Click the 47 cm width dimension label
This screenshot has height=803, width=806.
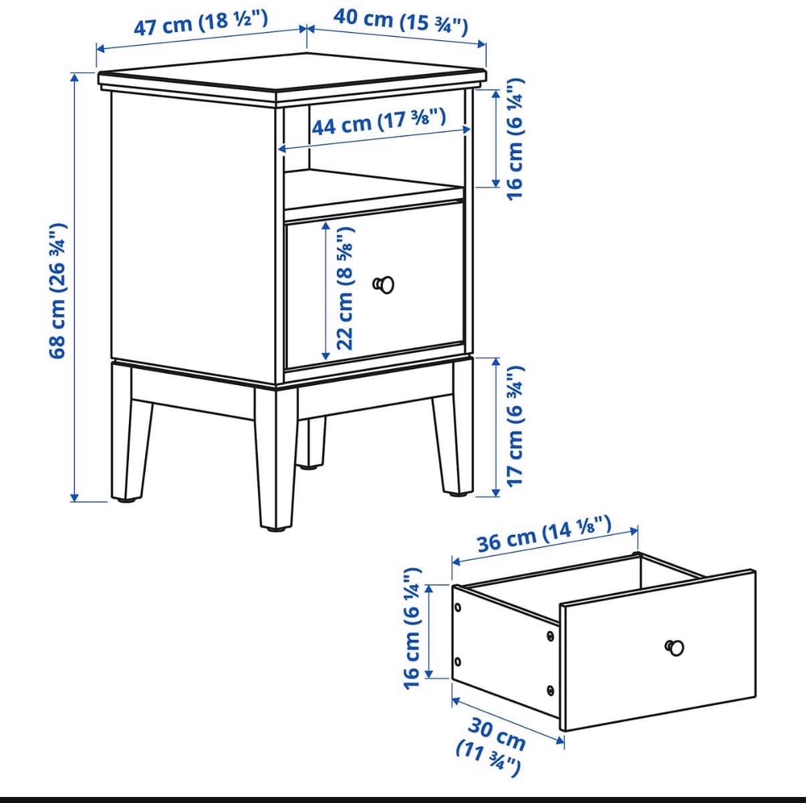200,23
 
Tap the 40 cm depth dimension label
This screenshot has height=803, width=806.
400,22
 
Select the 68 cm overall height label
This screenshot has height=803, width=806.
58,292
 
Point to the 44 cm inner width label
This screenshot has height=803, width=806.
379,121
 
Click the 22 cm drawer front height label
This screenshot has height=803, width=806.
345,289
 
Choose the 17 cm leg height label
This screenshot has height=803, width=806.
515,426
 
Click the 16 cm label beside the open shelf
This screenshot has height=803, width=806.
515,139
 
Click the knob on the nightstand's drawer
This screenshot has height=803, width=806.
384,285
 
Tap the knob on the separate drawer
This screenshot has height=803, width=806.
674,647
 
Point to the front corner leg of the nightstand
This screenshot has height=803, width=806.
276,457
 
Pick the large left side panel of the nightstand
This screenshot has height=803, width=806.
193,237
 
